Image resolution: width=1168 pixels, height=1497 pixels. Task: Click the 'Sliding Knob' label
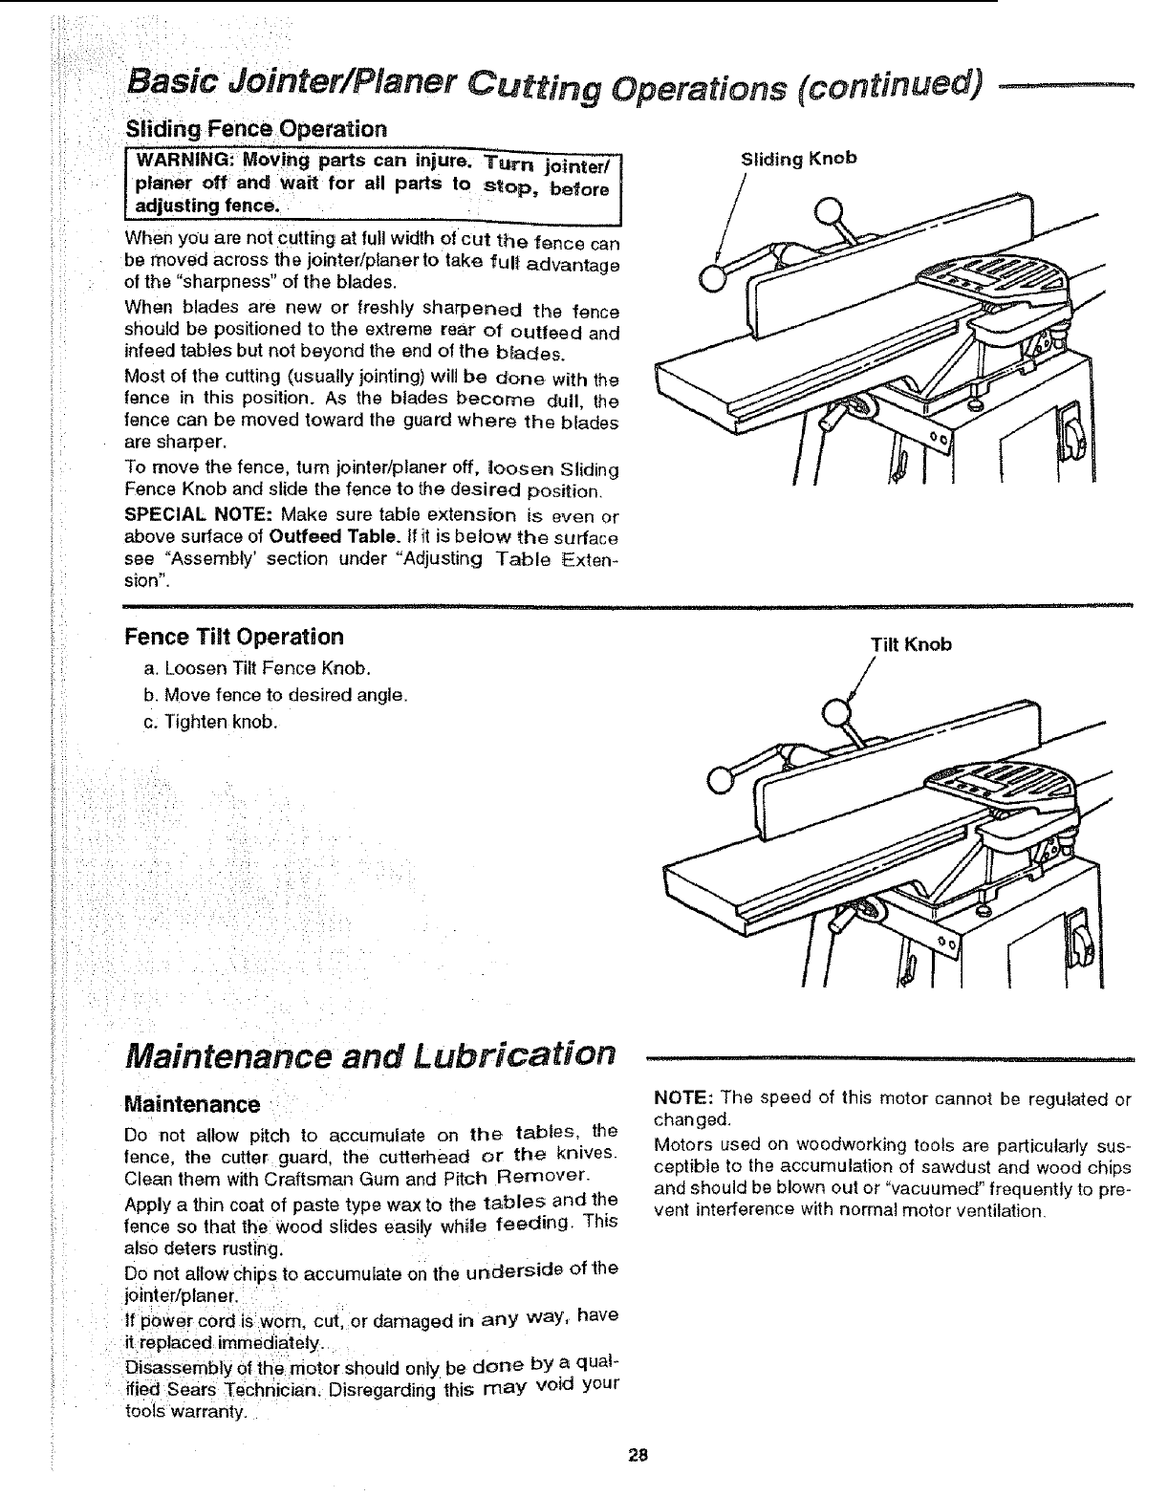799,159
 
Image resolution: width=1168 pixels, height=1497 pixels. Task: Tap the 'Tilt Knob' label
911,644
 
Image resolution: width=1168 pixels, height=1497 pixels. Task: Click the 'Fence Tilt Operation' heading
235,637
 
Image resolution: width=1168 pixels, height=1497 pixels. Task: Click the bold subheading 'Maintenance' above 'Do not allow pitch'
192,1105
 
